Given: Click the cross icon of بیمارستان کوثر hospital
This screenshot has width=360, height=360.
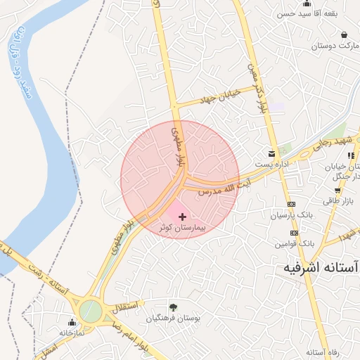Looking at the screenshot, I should (183, 217).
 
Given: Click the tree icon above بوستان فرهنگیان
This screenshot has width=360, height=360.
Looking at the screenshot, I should (174, 307).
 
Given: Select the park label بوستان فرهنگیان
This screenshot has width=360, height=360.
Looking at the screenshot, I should (174, 318).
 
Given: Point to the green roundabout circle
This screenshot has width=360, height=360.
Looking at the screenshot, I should (90, 310).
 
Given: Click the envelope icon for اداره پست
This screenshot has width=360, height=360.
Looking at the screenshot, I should (271, 153).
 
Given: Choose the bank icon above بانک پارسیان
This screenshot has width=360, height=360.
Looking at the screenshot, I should (293, 204).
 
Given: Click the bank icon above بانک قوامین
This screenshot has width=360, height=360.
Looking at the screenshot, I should (293, 233).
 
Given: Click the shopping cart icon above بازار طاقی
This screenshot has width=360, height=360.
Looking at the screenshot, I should (338, 190).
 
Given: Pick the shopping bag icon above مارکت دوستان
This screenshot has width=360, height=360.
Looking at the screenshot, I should (344, 34).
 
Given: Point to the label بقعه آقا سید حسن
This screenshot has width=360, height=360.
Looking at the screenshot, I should (305, 14).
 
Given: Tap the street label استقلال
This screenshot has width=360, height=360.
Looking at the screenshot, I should (127, 306).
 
